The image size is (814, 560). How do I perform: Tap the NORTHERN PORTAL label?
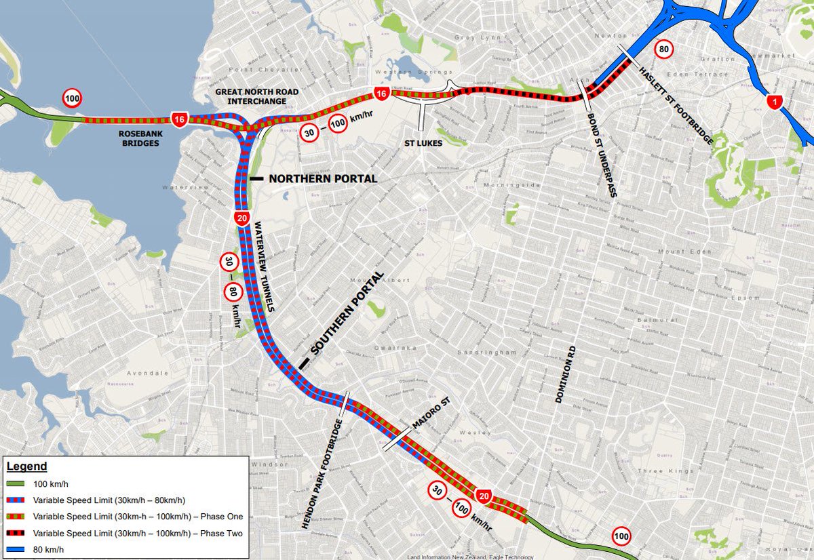click(323, 179)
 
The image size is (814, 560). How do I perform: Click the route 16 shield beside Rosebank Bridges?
click(179, 120)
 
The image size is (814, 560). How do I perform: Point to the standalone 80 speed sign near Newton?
click(664, 49)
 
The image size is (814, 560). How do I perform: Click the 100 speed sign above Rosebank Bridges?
click(72, 98)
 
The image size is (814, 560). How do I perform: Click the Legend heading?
click(26, 466)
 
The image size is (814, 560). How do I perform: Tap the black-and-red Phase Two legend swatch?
click(18, 534)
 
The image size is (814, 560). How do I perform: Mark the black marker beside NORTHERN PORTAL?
click(256, 179)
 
